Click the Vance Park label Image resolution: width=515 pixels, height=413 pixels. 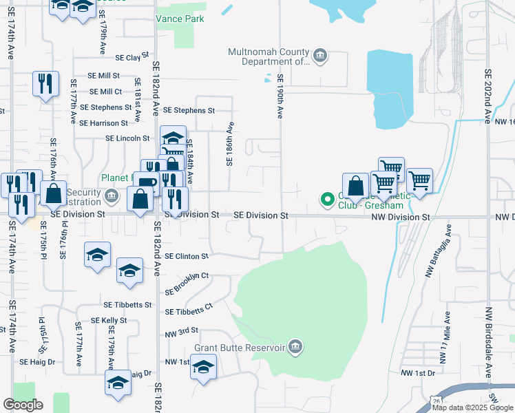[180, 19]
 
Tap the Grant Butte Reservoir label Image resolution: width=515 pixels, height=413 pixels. [240, 348]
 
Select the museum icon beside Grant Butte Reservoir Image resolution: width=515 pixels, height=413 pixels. [295, 346]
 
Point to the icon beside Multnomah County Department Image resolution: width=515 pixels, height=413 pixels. [319, 56]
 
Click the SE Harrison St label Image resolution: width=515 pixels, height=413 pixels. [104, 123]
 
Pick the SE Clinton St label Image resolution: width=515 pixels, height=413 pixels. [186, 256]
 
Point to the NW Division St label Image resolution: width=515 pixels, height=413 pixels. [401, 218]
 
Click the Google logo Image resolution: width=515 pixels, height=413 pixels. [23, 405]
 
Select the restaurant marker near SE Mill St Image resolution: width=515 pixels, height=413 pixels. [45, 84]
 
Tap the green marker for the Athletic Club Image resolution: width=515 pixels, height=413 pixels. [328, 200]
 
